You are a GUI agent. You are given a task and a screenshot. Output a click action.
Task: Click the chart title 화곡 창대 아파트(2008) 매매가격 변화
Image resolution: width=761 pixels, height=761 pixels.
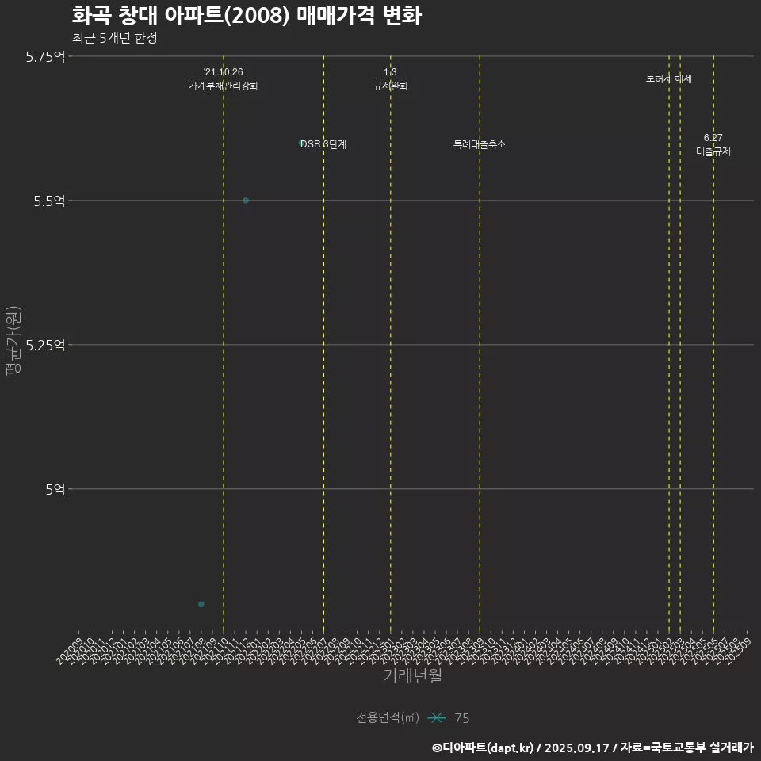tap(246, 16)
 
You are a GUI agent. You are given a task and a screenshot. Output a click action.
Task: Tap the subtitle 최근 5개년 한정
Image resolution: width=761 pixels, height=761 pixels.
tap(114, 38)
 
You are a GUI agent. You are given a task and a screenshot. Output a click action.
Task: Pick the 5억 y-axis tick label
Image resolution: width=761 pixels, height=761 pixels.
tap(55, 489)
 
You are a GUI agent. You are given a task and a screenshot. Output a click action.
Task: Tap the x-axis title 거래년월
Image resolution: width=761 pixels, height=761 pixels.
tap(412, 676)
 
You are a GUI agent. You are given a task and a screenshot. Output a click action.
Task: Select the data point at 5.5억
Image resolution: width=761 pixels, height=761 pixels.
tap(246, 201)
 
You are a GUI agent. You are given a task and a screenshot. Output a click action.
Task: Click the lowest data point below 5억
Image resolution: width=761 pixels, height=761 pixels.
tap(201, 605)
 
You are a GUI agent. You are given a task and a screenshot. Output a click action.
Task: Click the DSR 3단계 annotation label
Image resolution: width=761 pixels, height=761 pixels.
tap(323, 145)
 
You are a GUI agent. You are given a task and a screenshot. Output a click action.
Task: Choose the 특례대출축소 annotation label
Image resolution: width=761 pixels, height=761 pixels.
tap(480, 145)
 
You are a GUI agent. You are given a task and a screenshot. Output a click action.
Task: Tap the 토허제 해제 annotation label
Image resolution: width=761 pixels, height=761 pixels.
tap(669, 79)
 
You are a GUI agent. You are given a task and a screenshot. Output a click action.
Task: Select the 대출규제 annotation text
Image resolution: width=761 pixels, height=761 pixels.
tap(713, 151)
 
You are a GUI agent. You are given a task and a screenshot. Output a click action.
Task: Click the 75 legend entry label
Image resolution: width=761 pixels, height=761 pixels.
tap(462, 718)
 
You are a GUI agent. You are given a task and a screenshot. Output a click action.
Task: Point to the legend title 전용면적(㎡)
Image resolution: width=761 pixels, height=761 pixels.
tap(388, 718)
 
